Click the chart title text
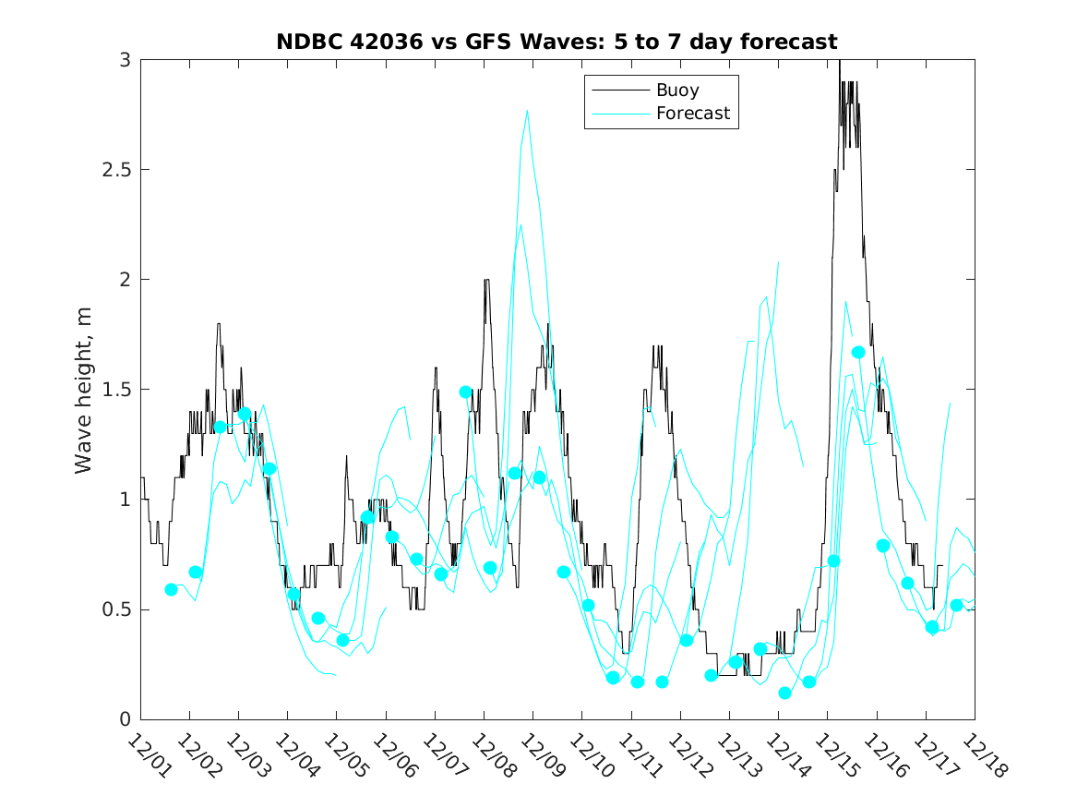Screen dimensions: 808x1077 [556, 42]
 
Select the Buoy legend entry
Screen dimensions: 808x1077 [676, 90]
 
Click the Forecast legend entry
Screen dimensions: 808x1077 [692, 114]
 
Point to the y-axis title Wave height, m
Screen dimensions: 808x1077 [84, 389]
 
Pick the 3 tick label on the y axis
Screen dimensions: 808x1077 [124, 60]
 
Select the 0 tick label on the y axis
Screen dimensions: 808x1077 [124, 719]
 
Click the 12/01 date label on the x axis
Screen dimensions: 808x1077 [148, 756]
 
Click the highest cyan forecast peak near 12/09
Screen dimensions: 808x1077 [527, 111]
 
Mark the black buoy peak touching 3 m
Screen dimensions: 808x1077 [840, 62]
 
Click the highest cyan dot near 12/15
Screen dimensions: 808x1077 [858, 353]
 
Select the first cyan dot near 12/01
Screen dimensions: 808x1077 [171, 589]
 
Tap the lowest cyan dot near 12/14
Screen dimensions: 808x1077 [784, 693]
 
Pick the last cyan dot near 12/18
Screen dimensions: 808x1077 [957, 605]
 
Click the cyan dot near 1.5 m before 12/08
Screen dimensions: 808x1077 [465, 392]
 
